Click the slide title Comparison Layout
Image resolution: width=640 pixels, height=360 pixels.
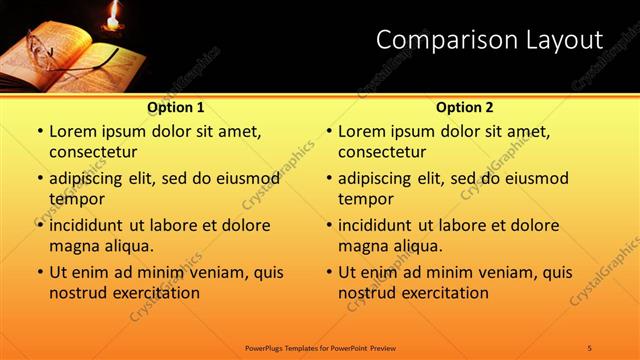coord(489,40)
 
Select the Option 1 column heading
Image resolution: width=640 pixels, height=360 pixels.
coord(176,107)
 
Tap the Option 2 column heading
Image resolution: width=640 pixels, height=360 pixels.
coord(465,107)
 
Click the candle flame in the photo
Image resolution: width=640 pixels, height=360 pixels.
coord(113,13)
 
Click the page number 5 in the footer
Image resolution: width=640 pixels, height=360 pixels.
coord(589,347)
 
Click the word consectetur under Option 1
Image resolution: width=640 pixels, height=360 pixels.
coord(93,152)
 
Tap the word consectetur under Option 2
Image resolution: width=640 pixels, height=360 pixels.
coord(382,152)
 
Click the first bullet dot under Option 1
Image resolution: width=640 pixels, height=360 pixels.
coord(39,132)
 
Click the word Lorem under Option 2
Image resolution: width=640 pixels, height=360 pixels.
coord(361,132)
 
